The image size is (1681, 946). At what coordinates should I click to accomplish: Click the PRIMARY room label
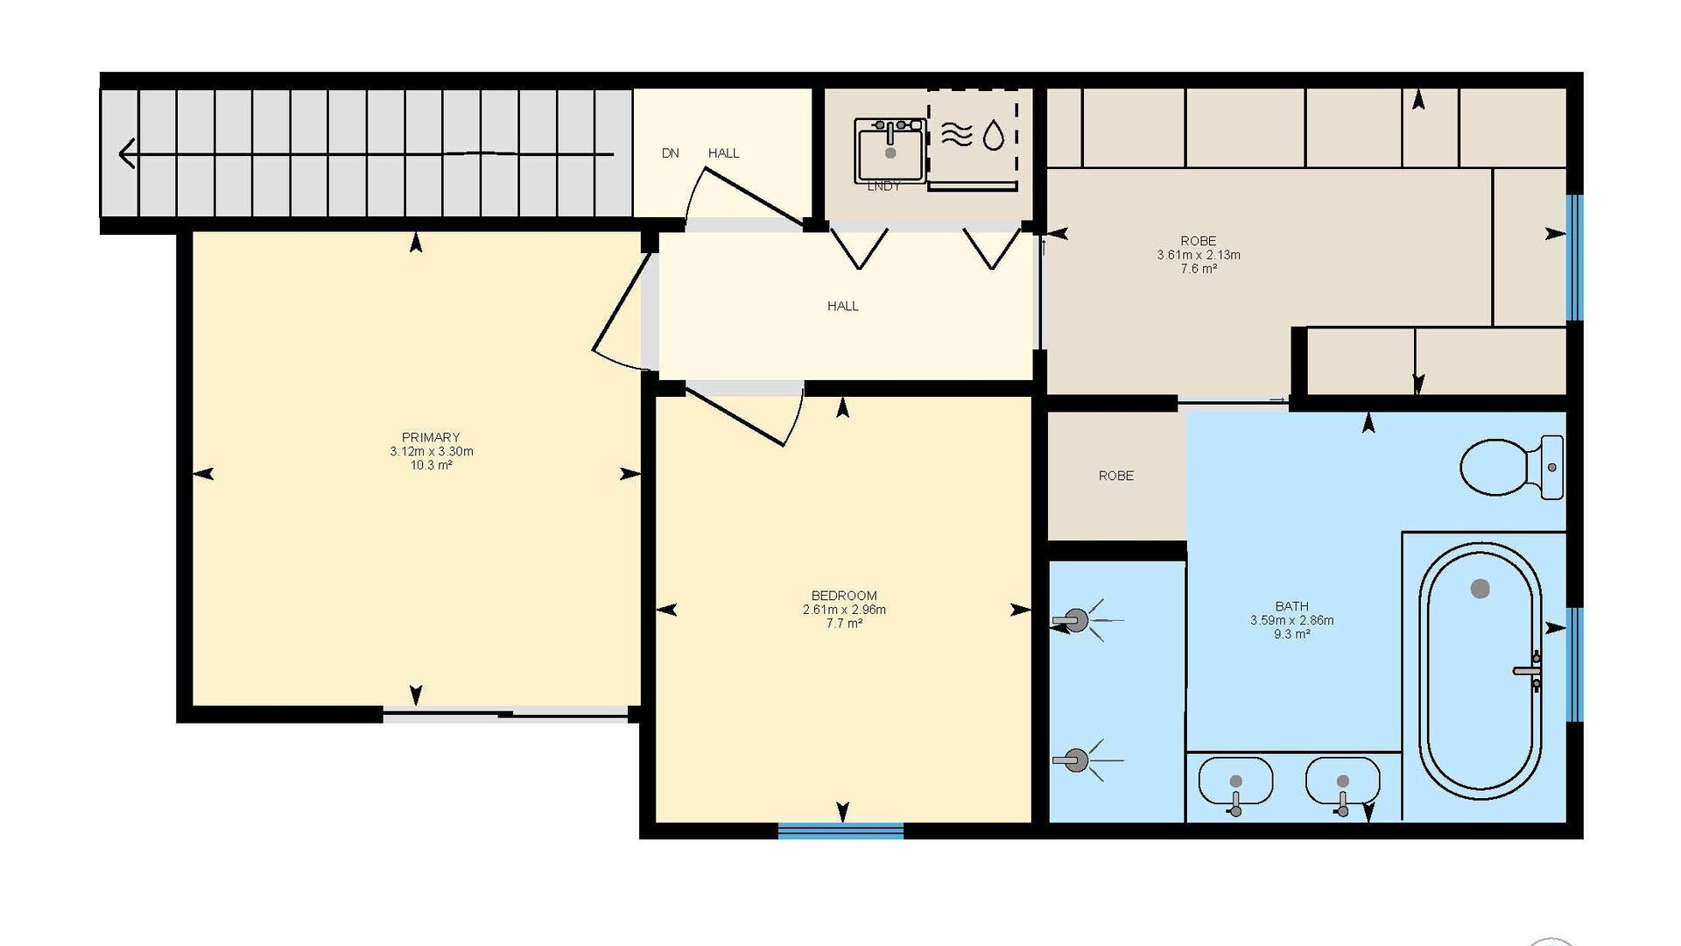[431, 437]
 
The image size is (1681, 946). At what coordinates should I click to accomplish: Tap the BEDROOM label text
[844, 596]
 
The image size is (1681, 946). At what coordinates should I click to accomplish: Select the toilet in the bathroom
[1511, 468]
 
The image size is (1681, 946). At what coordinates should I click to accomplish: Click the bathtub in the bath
[1481, 671]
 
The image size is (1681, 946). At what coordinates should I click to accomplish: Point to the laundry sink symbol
[890, 151]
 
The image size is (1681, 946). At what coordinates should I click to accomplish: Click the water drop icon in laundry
[994, 135]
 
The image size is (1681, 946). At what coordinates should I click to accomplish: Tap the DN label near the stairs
[671, 153]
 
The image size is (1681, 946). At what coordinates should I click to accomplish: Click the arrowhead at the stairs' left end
[128, 154]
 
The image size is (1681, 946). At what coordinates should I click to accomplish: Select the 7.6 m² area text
[1199, 269]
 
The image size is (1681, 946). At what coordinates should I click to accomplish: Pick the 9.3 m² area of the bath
[1292, 634]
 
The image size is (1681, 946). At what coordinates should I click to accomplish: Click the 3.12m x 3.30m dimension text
[432, 451]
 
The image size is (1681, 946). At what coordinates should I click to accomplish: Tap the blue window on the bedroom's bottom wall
[840, 830]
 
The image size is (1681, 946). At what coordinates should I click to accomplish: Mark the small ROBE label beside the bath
[1116, 476]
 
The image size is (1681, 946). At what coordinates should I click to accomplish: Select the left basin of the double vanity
[1235, 780]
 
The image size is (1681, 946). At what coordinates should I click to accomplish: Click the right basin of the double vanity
[1343, 780]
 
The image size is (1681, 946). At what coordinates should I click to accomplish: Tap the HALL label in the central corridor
[843, 306]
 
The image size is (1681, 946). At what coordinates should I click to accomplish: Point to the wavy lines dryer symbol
[957, 134]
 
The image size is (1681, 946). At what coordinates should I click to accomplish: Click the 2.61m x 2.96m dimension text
[845, 610]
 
